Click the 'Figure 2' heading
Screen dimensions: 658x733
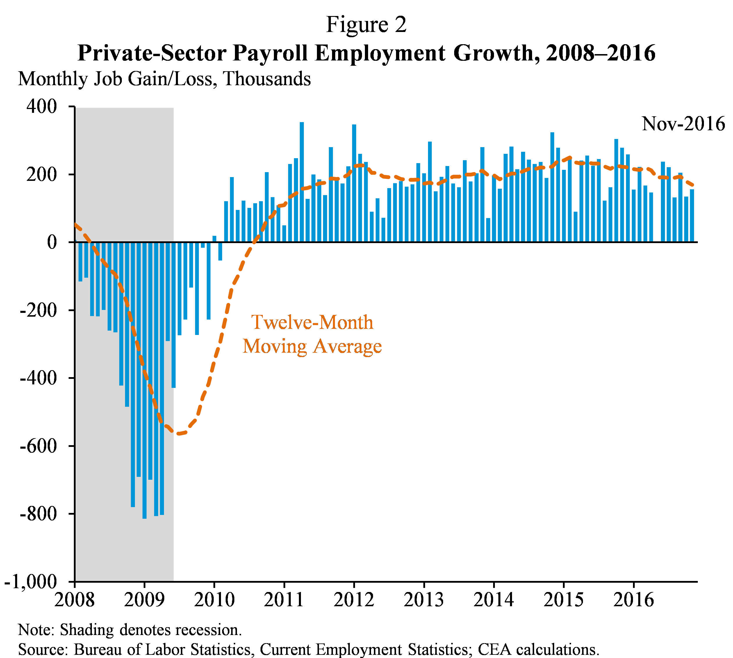366,25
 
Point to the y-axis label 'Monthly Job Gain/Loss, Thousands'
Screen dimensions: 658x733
165,79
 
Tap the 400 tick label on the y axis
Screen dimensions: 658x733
42,107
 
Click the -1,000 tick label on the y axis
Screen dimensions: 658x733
31,582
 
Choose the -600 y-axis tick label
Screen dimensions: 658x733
38,446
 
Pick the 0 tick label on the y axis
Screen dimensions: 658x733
52,242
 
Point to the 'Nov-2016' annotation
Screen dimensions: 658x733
683,124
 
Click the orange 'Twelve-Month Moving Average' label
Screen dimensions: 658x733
312,334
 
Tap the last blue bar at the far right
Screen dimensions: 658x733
692,215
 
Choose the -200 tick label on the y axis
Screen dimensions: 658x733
38,310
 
